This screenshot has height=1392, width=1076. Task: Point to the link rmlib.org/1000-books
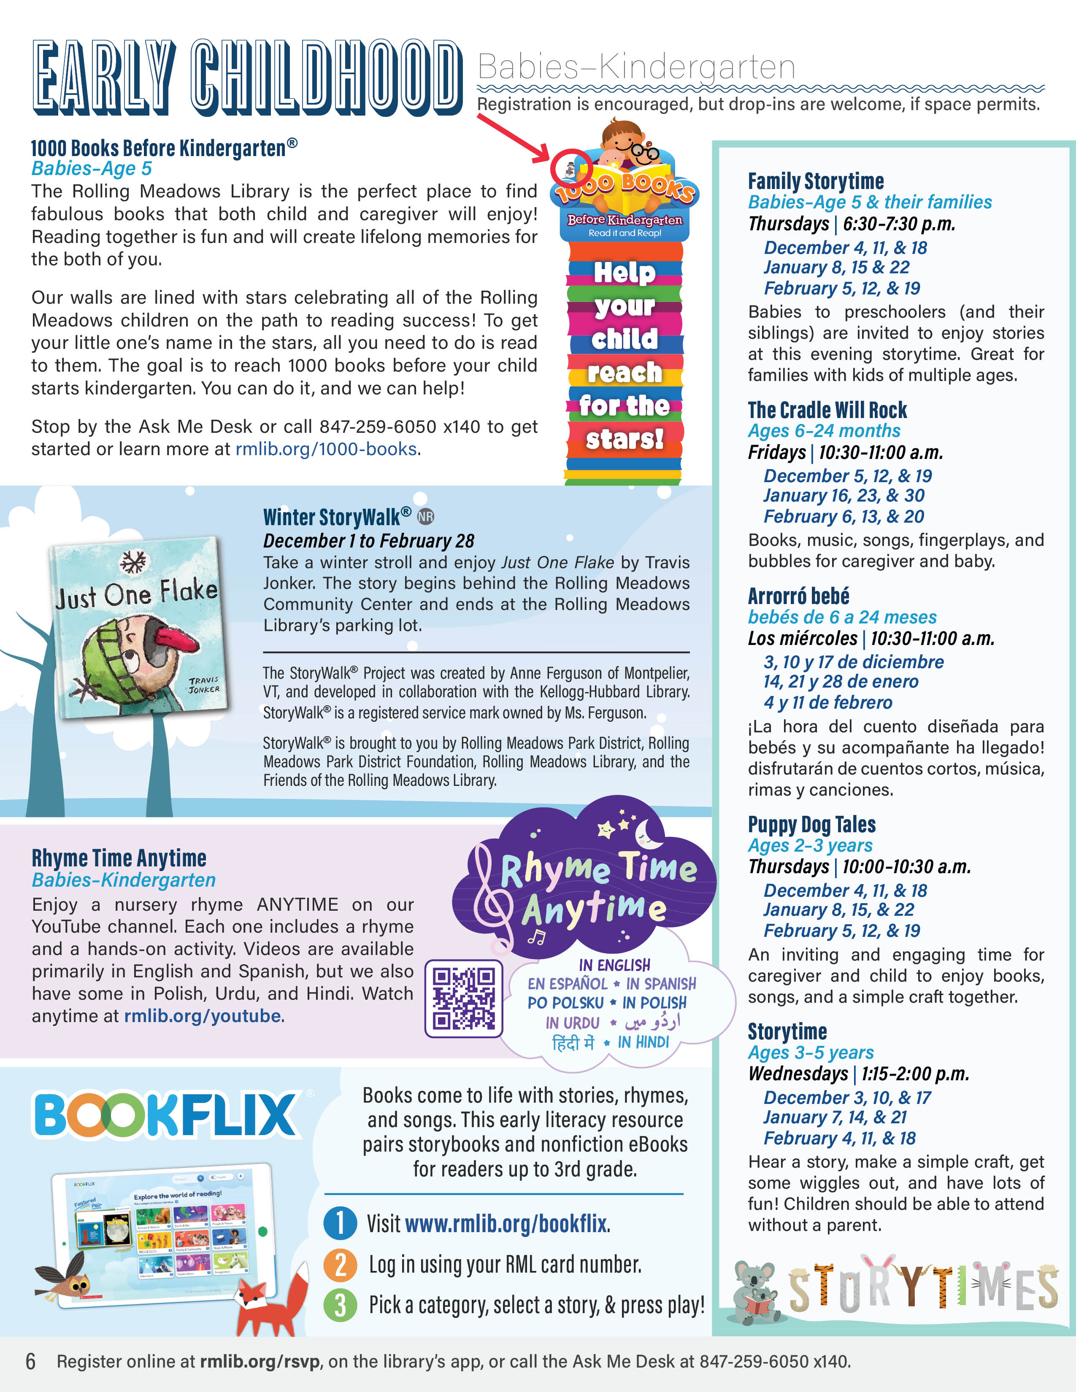[x=326, y=449]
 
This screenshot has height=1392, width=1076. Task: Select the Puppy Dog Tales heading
[x=811, y=825]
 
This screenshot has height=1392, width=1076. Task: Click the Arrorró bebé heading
[x=798, y=596]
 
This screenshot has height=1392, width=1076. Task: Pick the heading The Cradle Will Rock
[x=827, y=410]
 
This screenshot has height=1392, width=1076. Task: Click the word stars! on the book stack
[x=624, y=439]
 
